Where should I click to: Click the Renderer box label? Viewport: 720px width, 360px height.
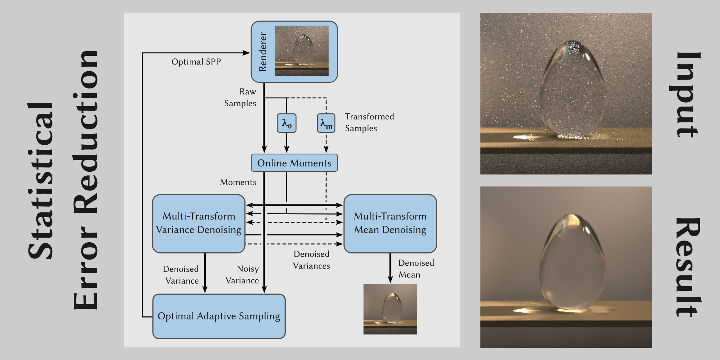pos(263,52)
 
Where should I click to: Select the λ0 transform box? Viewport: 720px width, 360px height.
pos(287,123)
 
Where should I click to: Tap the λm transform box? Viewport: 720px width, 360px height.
pos(326,123)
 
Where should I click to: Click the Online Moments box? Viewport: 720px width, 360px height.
pos(294,163)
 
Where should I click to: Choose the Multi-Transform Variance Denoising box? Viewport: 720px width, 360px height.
pos(199,223)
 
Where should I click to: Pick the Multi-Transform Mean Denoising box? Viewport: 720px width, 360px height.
pos(390,223)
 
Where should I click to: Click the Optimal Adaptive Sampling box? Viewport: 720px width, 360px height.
pos(219,316)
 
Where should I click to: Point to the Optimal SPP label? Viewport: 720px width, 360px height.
pos(196,62)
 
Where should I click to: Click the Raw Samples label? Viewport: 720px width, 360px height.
pos(240,98)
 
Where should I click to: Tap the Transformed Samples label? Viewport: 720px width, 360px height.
pos(369,122)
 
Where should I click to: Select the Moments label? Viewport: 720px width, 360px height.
pos(238,183)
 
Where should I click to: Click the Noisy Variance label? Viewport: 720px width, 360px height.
pos(243,275)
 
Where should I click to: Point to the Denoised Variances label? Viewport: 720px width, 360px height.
pos(311,260)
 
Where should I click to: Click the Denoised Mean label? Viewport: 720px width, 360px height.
pos(416,269)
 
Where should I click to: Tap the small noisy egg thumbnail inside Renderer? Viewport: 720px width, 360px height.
pos(302,51)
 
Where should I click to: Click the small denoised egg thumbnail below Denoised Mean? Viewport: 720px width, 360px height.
pos(390,309)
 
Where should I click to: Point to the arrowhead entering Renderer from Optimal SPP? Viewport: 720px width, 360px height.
pos(247,53)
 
